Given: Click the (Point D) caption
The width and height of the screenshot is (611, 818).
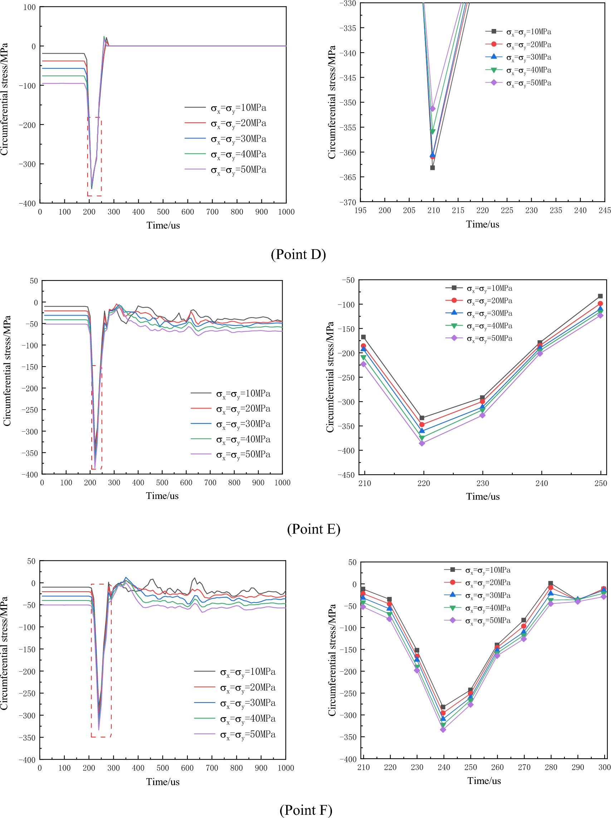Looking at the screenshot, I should (298, 254).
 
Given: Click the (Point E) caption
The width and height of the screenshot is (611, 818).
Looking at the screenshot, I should (314, 529).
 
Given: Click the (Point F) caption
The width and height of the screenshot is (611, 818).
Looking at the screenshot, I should (306, 810).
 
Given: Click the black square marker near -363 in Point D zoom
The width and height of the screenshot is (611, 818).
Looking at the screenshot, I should (432, 168).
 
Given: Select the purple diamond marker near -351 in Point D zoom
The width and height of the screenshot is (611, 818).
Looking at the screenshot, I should (433, 109).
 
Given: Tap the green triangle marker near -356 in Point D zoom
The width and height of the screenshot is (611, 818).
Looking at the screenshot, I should (432, 132).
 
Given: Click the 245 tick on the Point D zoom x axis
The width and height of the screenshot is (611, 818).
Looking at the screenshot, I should (605, 210).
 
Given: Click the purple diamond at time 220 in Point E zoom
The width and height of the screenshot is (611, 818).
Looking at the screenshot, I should (422, 444).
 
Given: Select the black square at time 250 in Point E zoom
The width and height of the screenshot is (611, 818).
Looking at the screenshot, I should (600, 296).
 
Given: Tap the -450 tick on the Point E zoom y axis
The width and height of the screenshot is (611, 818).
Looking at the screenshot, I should (346, 475).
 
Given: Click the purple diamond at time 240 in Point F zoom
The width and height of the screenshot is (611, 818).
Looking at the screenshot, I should (443, 730).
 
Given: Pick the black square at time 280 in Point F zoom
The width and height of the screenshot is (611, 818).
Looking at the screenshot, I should (551, 583).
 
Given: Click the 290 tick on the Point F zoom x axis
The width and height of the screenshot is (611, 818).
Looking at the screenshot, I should (578, 767).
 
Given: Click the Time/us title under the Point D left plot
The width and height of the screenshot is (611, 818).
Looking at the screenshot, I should (163, 226).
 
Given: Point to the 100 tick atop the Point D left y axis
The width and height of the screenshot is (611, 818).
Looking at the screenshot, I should (30, 8).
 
